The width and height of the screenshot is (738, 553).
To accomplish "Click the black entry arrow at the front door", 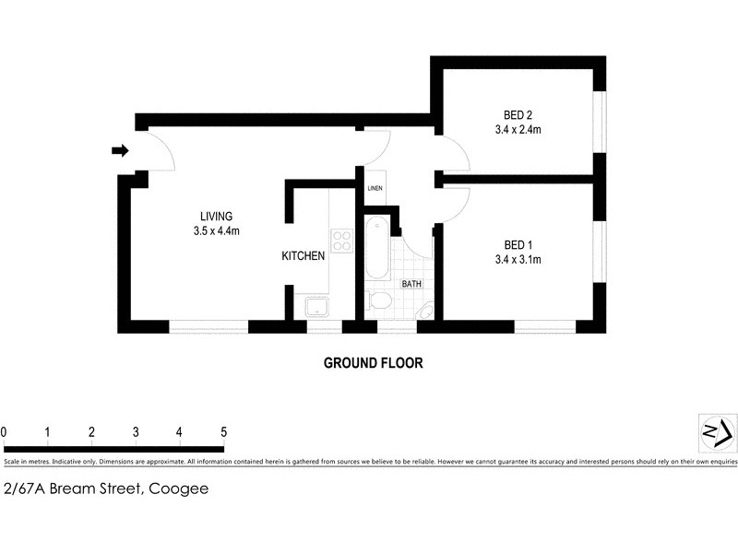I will coord(119,151).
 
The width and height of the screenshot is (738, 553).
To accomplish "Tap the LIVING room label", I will coord(217,217).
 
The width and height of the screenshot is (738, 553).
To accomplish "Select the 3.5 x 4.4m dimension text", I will coord(217,231).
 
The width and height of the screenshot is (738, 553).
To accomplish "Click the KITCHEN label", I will coord(304,256).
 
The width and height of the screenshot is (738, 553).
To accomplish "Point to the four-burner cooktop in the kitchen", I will coord(341,240).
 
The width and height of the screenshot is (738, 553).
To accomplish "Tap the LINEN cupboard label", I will coord(375,189).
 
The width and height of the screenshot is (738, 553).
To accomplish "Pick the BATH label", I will coord(411,284).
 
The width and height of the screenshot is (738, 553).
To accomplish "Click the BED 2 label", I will coord(518,115).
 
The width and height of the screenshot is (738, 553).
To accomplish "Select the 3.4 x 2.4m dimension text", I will coord(518,130).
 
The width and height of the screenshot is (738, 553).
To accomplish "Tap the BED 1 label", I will coord(518,244).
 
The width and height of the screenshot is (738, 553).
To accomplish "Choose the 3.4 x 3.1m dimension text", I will coord(518,259).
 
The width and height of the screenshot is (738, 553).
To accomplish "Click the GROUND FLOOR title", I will coord(373,363).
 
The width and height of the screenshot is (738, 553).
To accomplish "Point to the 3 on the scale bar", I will coord(136,431).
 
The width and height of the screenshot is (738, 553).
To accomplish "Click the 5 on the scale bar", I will coord(222,431).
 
